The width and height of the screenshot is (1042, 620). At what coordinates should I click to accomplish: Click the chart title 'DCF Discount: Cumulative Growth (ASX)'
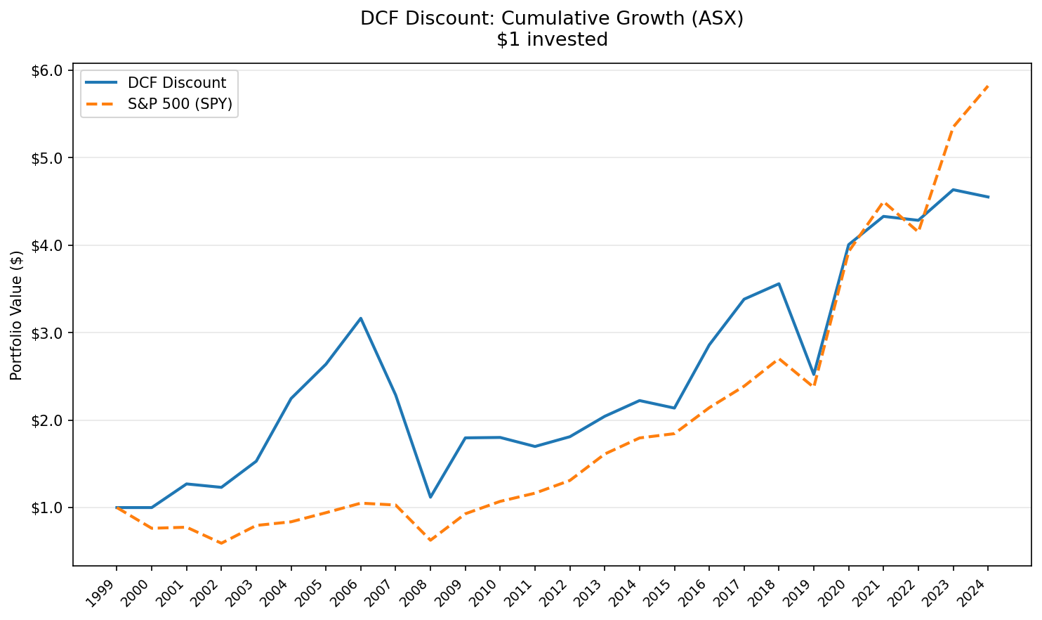coord(551,18)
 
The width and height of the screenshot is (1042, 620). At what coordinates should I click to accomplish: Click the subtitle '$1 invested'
coord(551,40)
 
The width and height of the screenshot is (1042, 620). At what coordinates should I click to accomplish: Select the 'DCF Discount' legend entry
coord(176,83)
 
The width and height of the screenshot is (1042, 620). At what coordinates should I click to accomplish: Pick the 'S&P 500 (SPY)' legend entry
coord(179,104)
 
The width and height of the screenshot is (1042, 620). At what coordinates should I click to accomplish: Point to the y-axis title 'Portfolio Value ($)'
coord(17,315)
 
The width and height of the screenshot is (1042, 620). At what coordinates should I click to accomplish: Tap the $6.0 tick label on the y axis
coord(47,71)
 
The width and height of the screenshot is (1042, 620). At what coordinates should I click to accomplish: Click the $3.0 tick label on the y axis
coord(47,333)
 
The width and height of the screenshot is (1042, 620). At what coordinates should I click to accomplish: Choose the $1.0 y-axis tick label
coord(47,508)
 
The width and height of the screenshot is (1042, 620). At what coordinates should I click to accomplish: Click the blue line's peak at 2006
coord(360,318)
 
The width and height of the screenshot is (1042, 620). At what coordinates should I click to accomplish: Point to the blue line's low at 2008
coord(430,497)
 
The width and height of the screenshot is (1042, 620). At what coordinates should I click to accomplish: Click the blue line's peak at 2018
coord(779,284)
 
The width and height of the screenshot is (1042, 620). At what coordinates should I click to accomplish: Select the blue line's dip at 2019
coord(814,375)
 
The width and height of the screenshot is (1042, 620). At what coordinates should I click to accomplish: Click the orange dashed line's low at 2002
coord(221,543)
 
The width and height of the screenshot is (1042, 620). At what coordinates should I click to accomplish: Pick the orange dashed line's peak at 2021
coord(883,202)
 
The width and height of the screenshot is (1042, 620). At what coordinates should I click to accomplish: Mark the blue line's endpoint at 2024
coord(988,197)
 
